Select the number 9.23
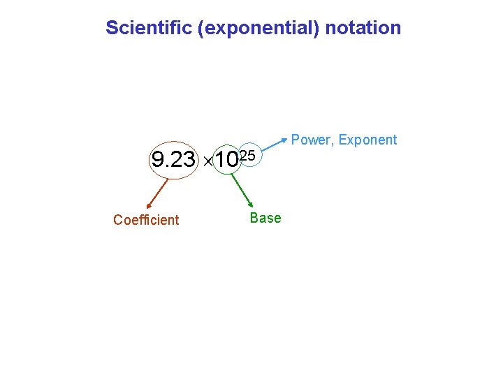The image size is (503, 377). click(174, 161)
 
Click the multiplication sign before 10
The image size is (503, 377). click(207, 162)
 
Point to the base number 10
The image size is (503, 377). click(226, 161)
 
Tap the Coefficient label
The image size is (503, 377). click(146, 220)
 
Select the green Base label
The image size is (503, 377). click(265, 218)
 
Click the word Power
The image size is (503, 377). click(311, 140)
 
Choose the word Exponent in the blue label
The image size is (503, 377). click(367, 140)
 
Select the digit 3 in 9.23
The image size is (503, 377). click(189, 161)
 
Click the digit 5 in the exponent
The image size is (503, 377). click(252, 154)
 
